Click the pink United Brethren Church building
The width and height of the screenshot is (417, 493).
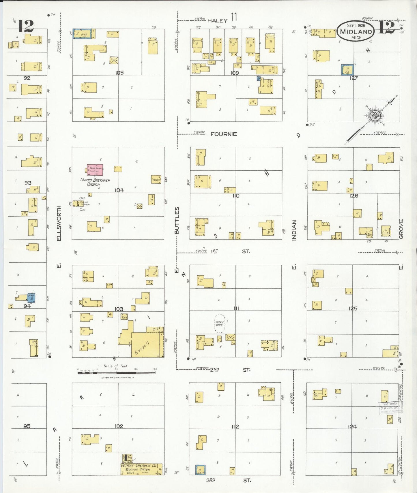95,170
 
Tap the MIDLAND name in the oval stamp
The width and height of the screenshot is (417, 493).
356,32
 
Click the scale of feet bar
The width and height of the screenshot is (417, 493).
116,373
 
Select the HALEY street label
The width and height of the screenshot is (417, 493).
217,20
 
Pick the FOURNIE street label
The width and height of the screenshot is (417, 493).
224,134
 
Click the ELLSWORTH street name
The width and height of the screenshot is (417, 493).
59,223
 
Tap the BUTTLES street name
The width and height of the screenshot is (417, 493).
177,220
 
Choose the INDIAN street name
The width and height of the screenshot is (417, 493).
294,230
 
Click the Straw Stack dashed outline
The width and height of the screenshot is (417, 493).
220,323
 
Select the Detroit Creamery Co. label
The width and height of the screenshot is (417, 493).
139,465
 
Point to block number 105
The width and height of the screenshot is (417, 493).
119,73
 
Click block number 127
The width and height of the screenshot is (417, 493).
354,78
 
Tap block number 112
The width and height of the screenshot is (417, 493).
235,426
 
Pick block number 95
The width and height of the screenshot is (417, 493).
27,426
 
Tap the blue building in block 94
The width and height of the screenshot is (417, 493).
31,298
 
